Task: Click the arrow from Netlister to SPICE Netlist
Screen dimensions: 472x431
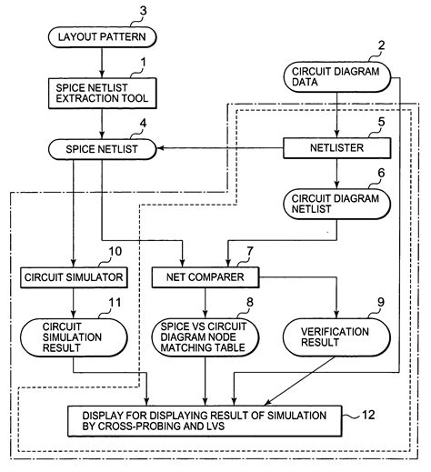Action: coord(218,146)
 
